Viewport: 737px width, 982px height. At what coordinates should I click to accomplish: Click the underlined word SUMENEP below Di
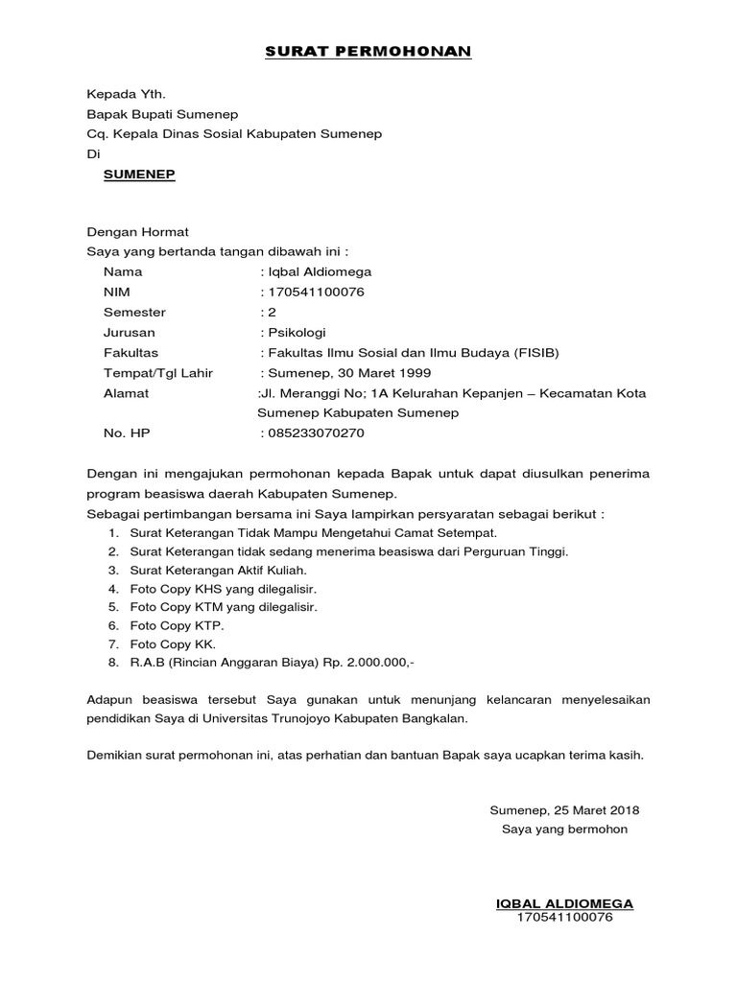[139, 175]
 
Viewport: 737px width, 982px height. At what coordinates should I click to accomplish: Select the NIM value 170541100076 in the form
[316, 292]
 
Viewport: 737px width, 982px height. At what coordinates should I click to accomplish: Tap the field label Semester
[134, 312]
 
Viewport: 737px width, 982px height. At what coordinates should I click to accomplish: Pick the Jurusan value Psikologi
[297, 332]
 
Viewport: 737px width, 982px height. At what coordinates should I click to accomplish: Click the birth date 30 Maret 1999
[381, 372]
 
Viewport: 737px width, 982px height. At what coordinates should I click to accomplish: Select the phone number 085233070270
[316, 433]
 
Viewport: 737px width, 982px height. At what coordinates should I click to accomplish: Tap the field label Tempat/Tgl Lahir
[158, 372]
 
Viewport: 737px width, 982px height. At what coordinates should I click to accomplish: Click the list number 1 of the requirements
[112, 532]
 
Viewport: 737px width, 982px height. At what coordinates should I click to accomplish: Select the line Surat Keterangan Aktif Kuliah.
[200, 570]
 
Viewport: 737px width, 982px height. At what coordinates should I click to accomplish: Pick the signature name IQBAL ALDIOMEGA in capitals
[563, 903]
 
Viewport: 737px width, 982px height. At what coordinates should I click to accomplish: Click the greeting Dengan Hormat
[138, 231]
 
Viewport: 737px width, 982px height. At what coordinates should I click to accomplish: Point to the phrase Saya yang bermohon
[564, 829]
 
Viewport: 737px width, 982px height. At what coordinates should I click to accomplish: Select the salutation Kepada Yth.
[127, 94]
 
